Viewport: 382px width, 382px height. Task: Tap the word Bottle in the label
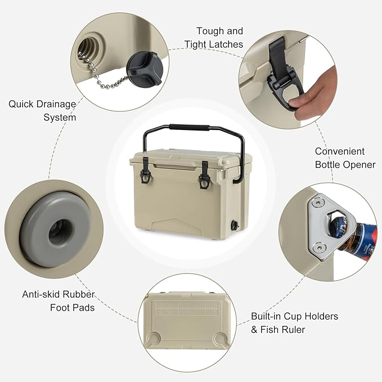(x=327, y=165)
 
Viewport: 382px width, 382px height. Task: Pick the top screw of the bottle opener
(x=318, y=203)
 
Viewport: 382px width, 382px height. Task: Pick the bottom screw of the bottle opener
(x=318, y=248)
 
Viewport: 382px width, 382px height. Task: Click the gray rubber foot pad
(x=55, y=229)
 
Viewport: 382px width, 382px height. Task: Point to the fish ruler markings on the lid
(x=188, y=308)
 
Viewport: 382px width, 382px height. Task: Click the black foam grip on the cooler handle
(x=189, y=127)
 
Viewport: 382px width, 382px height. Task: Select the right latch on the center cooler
(x=205, y=175)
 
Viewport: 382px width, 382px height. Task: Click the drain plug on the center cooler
(x=235, y=224)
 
